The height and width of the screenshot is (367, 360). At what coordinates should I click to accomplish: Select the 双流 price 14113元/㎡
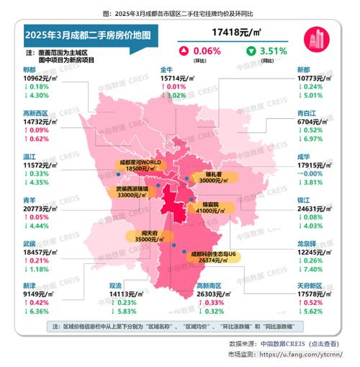click(134, 294)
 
